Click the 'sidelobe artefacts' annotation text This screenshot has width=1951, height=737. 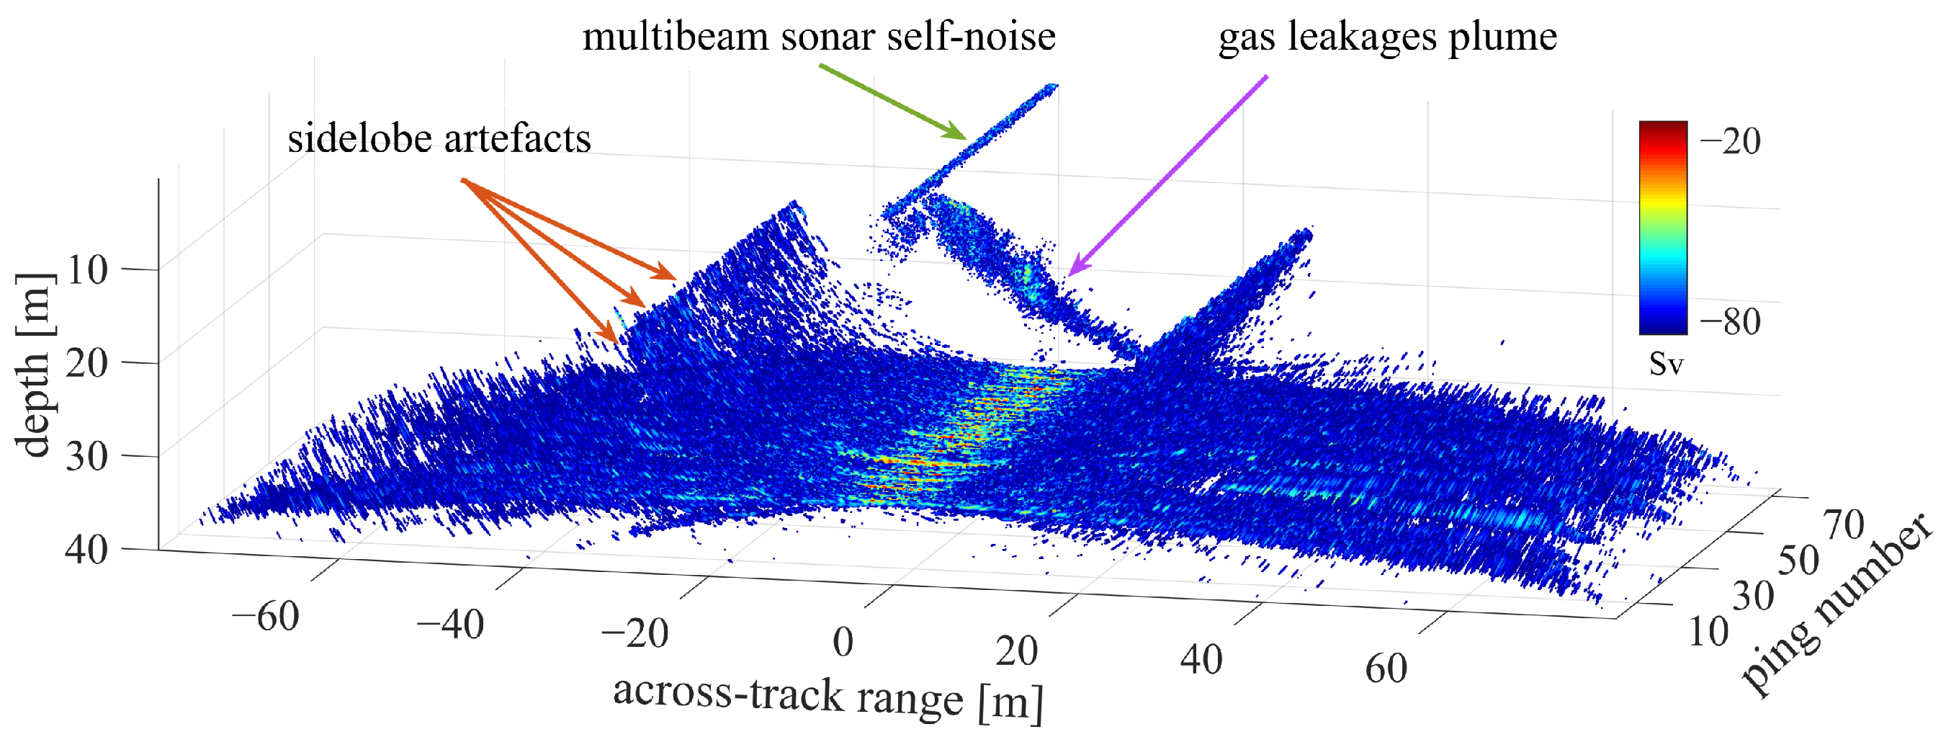(x=439, y=138)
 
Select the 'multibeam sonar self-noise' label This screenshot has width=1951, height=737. (x=818, y=36)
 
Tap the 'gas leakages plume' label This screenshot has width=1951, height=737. (x=1387, y=36)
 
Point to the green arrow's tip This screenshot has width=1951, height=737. (x=965, y=138)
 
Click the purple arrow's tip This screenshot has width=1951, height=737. (x=1069, y=274)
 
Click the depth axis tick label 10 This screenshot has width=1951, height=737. (x=87, y=269)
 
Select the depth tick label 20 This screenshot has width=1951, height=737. (x=87, y=364)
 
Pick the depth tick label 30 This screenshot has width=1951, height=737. (x=87, y=457)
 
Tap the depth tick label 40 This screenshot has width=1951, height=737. (x=87, y=549)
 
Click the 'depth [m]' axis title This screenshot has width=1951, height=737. (x=35, y=365)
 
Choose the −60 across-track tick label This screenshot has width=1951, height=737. (x=266, y=616)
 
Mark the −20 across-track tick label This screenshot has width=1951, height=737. (x=634, y=633)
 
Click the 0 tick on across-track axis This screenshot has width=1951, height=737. (x=843, y=643)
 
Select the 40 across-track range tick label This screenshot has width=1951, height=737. (x=1201, y=659)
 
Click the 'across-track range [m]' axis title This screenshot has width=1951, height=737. (x=828, y=696)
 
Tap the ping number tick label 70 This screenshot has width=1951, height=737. (x=1844, y=524)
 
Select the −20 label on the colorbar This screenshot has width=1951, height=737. (x=1730, y=142)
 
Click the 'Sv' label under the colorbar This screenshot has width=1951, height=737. (x=1667, y=365)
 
